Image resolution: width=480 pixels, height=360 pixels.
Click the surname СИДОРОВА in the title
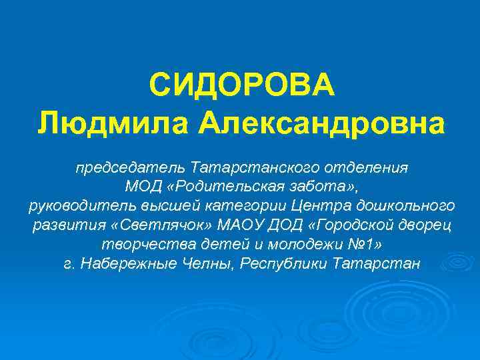240,85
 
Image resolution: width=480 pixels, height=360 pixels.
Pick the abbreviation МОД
141,185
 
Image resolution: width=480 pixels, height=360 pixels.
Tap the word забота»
325,185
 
